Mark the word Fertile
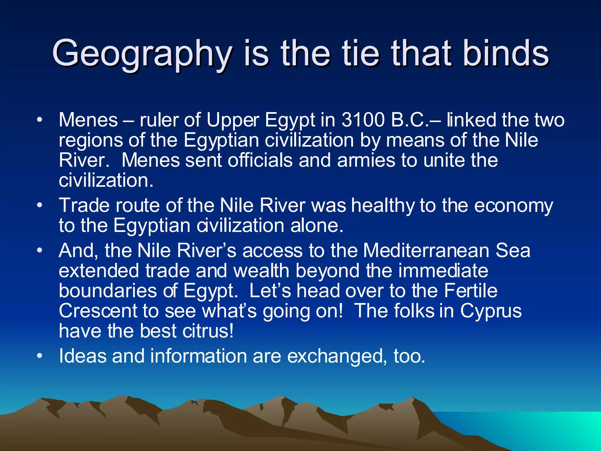click(x=471, y=291)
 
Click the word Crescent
click(x=98, y=311)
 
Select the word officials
click(x=260, y=160)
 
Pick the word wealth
click(x=261, y=270)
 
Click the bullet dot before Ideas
click(x=40, y=356)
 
